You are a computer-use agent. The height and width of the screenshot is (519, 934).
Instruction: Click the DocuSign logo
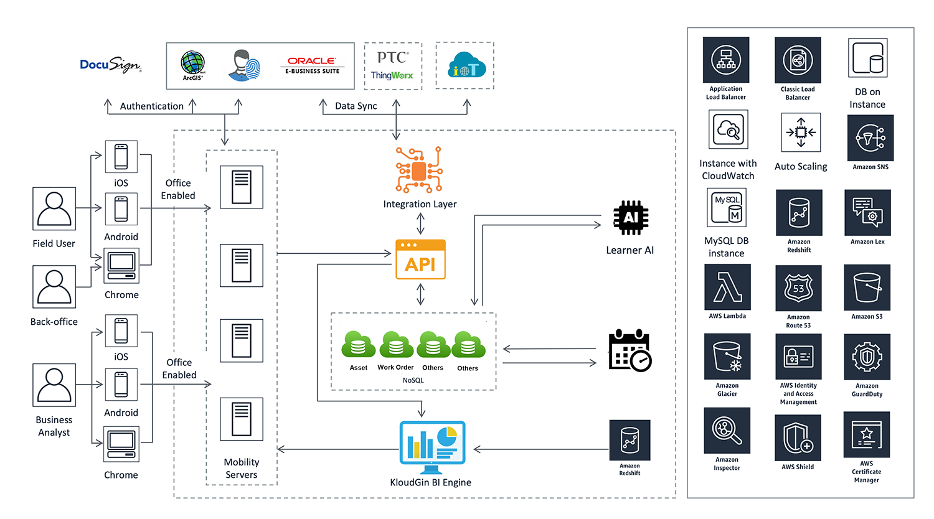(x=110, y=65)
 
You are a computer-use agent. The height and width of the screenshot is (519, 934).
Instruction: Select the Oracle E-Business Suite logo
(x=312, y=65)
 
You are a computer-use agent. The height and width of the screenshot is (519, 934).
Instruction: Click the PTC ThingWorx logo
(x=392, y=65)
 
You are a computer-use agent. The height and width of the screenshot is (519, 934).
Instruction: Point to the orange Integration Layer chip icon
(x=419, y=170)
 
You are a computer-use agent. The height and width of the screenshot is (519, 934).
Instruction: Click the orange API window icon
(x=420, y=259)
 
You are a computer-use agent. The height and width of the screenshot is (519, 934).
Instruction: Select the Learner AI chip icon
(x=630, y=218)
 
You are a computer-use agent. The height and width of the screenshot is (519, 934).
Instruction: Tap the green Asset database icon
(x=358, y=345)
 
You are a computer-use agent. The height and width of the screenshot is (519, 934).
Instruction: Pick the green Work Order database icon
(x=395, y=345)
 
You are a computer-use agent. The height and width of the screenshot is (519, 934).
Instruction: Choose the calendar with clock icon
(x=630, y=350)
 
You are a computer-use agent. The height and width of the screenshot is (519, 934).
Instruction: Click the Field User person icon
(x=54, y=209)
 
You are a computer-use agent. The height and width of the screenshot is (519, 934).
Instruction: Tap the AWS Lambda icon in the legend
(x=727, y=287)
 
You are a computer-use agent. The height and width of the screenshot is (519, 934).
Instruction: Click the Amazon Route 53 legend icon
(x=798, y=288)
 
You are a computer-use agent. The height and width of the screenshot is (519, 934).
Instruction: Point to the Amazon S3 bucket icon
(x=867, y=288)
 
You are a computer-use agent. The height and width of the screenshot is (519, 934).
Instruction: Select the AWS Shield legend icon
(x=798, y=438)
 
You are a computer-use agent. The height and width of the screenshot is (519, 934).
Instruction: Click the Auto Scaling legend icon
(x=801, y=133)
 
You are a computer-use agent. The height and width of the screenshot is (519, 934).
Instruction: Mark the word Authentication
(x=151, y=106)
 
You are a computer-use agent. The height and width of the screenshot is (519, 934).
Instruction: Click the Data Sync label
(x=356, y=106)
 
